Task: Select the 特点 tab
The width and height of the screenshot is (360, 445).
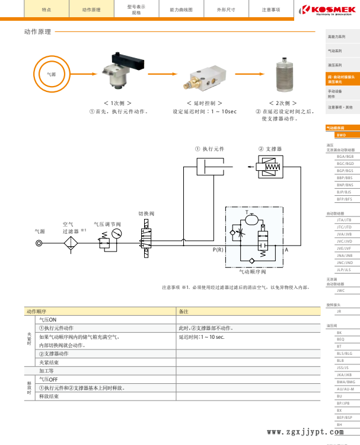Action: (x=46, y=10)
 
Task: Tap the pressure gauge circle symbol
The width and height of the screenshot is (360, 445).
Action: (x=116, y=233)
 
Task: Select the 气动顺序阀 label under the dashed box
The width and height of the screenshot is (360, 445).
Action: (x=253, y=272)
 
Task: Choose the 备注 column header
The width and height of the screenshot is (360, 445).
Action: (x=184, y=311)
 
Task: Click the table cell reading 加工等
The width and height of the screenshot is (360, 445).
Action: (x=47, y=370)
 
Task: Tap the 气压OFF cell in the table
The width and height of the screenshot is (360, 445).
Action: (x=48, y=379)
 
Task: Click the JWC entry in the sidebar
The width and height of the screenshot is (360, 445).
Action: (x=340, y=291)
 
